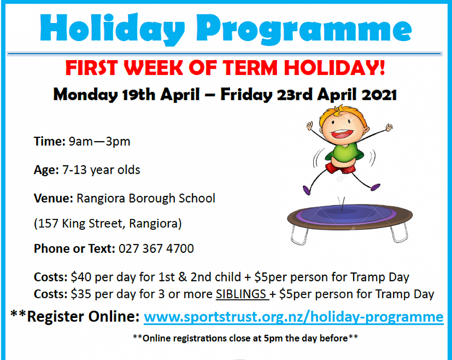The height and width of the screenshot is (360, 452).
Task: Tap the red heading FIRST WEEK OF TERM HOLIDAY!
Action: [225, 68]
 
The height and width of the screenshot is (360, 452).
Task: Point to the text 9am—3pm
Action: [99, 142]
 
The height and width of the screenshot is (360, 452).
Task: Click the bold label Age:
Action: [46, 170]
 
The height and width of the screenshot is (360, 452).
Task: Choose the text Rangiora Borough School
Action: [146, 198]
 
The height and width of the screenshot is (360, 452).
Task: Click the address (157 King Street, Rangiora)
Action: [108, 223]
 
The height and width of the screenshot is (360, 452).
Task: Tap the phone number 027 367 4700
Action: [156, 249]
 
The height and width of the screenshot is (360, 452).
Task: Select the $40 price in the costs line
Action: [80, 277]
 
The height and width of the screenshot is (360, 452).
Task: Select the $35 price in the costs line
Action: [80, 294]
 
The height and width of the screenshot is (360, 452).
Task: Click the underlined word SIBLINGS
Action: [241, 294]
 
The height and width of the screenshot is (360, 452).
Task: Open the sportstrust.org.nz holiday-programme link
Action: [293, 317]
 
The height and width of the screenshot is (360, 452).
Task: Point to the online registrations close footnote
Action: [245, 337]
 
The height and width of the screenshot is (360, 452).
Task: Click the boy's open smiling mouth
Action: [348, 135]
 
